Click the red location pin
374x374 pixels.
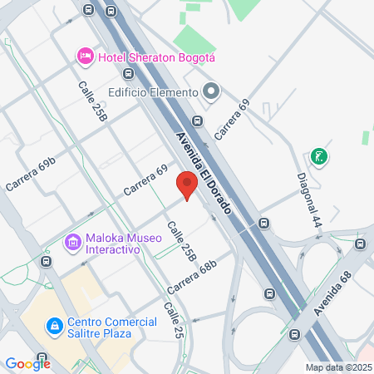tap(187, 185)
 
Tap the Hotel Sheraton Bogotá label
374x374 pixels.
tap(156, 57)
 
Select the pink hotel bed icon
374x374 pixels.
tap(84, 56)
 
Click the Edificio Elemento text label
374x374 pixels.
tap(152, 92)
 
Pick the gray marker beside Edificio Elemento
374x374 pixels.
tap(211, 91)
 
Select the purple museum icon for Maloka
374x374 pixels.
tap(72, 243)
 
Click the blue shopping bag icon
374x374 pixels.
tap(55, 327)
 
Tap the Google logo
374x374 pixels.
tap(27, 363)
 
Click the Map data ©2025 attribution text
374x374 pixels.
tap(338, 367)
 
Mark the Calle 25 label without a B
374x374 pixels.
tap(173, 320)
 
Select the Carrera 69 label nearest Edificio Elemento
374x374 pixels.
tap(232, 119)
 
